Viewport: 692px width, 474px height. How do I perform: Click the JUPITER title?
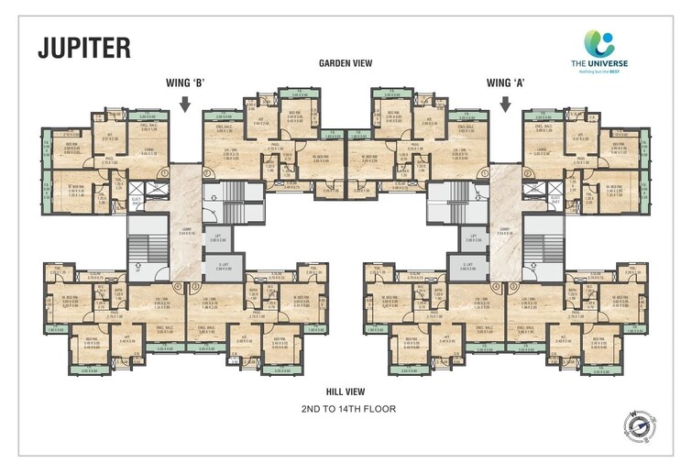tap(83, 48)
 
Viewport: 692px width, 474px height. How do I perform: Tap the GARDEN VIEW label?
tap(346, 63)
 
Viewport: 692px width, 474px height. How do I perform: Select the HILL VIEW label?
tap(346, 391)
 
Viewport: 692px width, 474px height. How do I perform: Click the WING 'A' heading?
tap(506, 83)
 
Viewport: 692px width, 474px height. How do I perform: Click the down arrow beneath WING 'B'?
tap(185, 105)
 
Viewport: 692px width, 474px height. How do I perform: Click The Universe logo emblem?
tap(600, 44)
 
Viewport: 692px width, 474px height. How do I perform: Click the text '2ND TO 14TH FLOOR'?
tap(346, 409)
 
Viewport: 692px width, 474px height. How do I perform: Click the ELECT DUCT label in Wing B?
tap(134, 199)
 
